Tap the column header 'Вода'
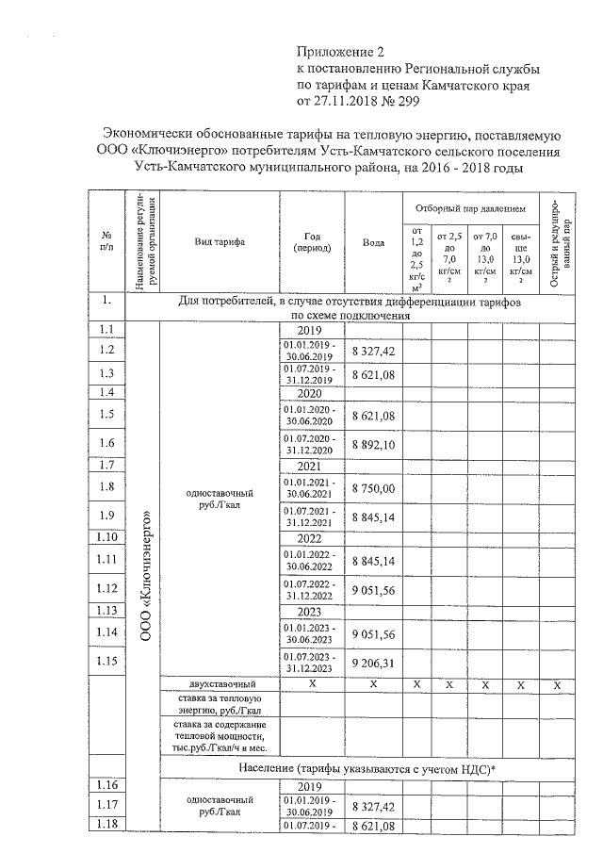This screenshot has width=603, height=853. [x=373, y=241]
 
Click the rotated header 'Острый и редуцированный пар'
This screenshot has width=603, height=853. [x=557, y=241]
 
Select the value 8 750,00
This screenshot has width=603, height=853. [x=373, y=487]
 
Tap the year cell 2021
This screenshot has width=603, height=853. [x=311, y=465]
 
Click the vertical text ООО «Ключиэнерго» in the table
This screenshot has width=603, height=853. [x=145, y=577]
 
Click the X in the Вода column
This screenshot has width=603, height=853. [x=373, y=683]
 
